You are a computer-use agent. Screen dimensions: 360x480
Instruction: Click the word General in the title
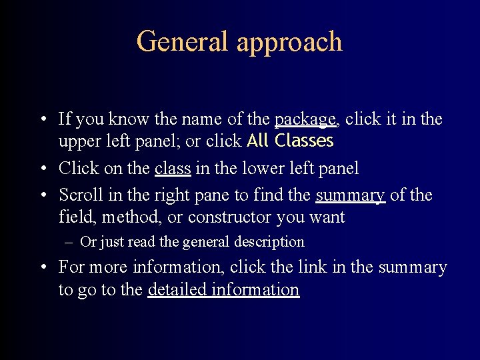[x=183, y=41]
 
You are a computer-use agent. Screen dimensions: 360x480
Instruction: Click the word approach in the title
[x=289, y=43]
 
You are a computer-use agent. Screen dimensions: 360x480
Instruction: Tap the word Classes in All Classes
[x=303, y=141]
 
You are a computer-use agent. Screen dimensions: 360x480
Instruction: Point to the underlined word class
[x=172, y=169]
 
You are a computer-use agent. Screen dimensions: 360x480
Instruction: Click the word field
[x=75, y=217]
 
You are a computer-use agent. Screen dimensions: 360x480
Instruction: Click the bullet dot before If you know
[x=42, y=120]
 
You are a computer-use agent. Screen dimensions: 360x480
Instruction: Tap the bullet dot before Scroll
[x=42, y=196]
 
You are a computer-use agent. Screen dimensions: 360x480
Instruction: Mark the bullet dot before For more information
[x=42, y=268]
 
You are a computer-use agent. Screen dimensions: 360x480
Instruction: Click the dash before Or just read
[x=69, y=242]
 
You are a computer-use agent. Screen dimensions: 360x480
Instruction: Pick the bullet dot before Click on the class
[x=42, y=169]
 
